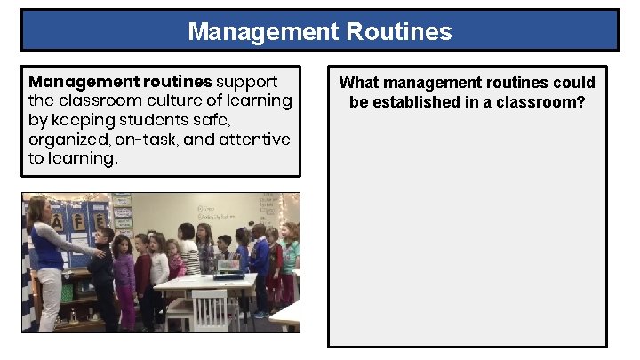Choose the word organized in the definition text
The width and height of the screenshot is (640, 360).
67,140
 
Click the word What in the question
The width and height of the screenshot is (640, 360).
359,83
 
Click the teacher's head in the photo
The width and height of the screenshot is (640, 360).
37,211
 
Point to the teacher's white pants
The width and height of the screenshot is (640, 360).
48,299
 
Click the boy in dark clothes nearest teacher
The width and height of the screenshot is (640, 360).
102,276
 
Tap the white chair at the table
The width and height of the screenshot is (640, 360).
209,310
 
